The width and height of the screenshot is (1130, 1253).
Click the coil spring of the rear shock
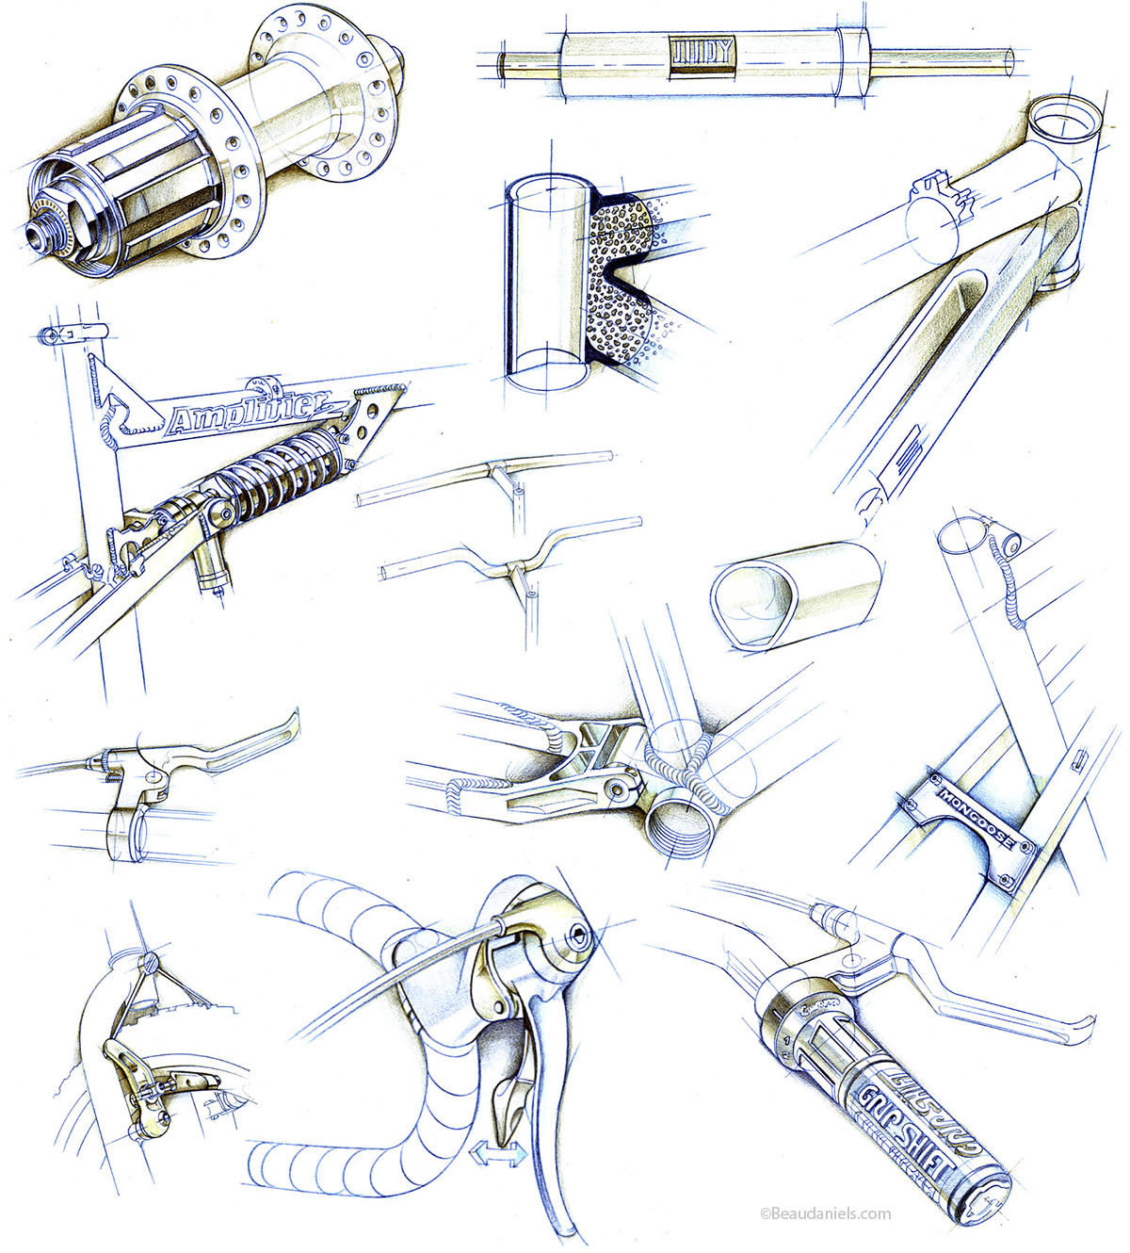282,466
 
